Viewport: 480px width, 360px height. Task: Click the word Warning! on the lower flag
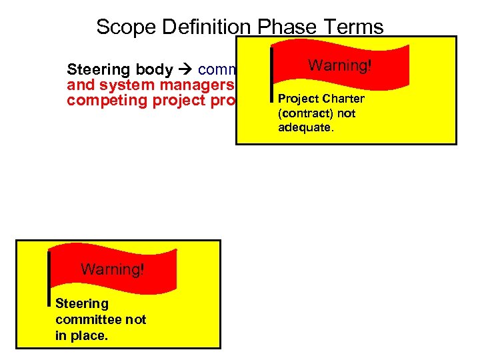(112, 269)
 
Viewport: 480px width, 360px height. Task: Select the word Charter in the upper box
(341, 99)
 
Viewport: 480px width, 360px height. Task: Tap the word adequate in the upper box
(305, 127)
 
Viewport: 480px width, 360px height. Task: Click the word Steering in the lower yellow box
(81, 303)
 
